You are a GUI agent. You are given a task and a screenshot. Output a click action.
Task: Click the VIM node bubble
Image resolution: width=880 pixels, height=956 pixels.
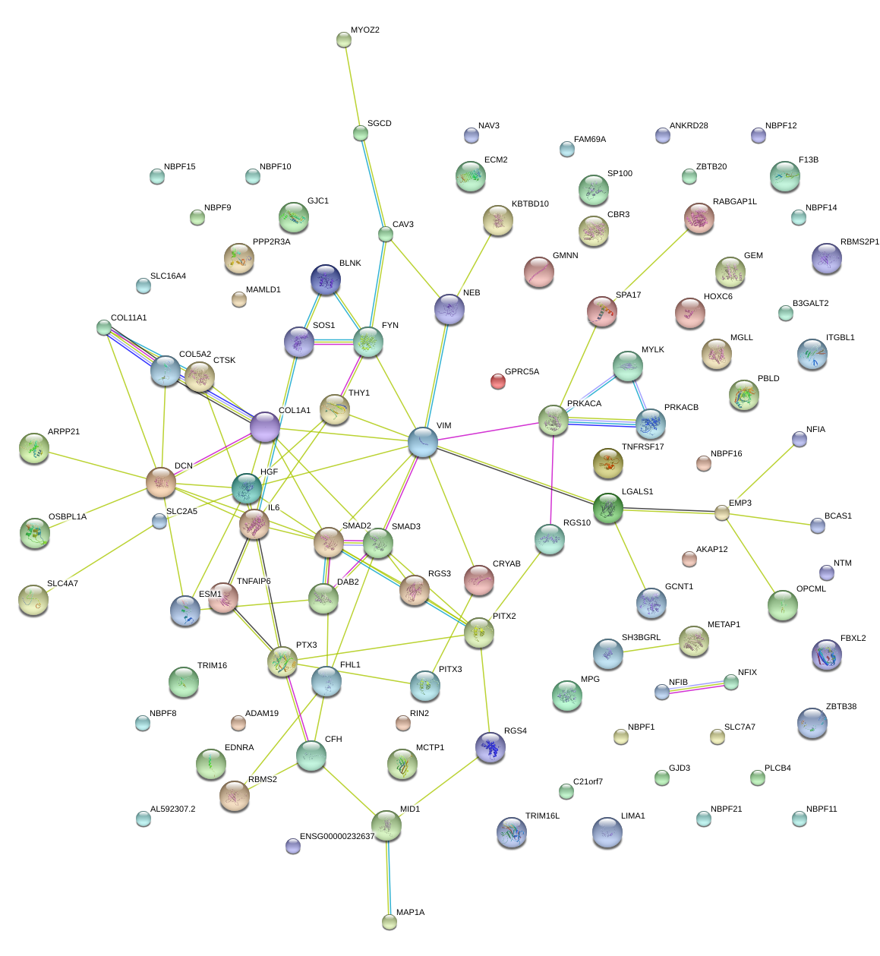coord(423,442)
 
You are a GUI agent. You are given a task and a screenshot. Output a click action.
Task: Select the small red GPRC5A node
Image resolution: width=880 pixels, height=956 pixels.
coord(497,381)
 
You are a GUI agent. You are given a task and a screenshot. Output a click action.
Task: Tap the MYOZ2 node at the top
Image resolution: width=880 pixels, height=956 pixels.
coord(344,39)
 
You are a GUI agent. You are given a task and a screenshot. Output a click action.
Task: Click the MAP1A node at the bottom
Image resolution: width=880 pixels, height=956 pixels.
coord(390,922)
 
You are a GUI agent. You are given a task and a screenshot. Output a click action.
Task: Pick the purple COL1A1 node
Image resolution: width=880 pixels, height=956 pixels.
coord(265,428)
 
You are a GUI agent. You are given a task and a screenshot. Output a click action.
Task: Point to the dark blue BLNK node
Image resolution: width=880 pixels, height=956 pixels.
coord(326,280)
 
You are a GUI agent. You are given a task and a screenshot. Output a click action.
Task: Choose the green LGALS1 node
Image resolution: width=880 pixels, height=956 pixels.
coord(608,508)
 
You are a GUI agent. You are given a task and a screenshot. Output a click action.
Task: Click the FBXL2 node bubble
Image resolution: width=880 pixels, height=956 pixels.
coord(827,655)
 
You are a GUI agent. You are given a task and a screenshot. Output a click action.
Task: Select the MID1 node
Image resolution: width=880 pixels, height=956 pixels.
coord(386,825)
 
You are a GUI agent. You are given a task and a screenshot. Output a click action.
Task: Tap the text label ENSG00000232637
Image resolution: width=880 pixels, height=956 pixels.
coord(337,837)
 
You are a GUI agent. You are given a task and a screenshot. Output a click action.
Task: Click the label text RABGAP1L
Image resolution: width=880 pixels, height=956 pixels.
coord(734,202)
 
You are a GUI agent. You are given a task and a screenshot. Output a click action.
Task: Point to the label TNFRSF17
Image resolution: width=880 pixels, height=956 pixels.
coord(642,447)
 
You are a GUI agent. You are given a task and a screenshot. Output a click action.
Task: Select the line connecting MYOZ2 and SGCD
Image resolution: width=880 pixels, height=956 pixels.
coord(352,87)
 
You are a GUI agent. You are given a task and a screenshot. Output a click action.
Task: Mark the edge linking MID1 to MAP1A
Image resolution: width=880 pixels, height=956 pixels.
coord(388,873)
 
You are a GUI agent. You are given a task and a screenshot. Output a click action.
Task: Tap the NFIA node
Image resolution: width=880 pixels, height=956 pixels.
coord(799,439)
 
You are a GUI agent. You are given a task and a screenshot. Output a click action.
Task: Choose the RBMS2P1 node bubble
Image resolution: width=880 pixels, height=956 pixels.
coord(827,259)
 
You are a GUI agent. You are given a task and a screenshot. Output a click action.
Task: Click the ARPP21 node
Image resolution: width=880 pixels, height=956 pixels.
coord(33,449)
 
